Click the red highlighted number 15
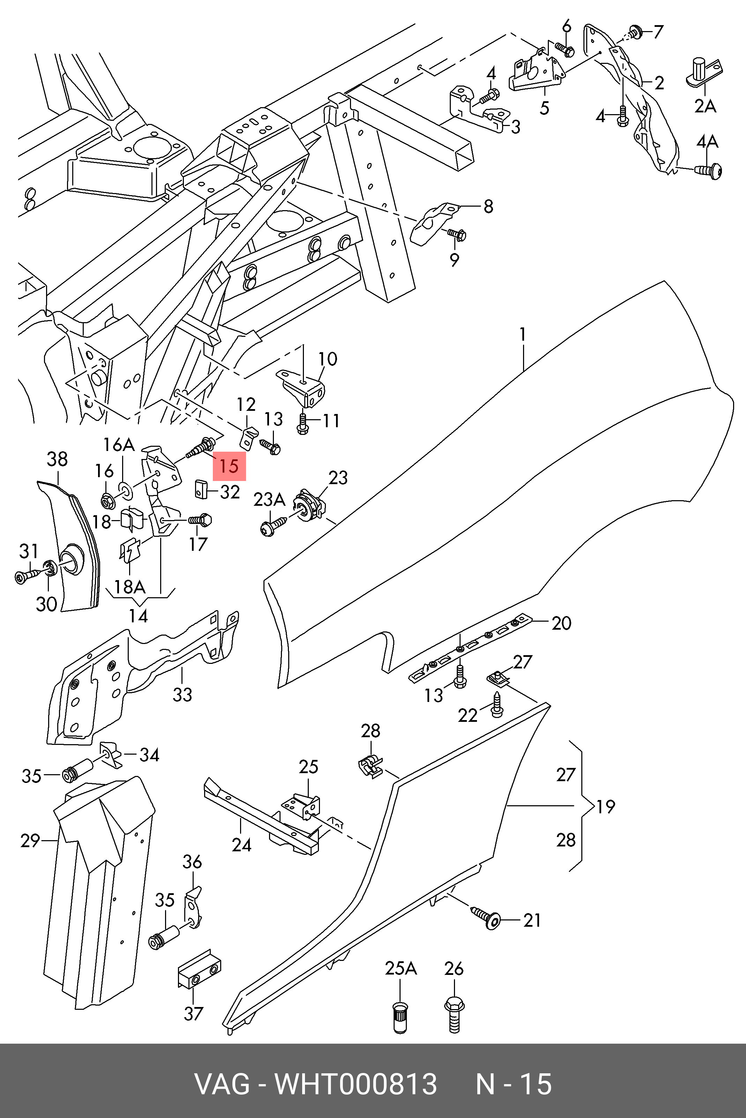(x=229, y=466)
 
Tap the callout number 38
(x=57, y=459)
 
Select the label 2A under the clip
(x=705, y=106)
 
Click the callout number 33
(x=182, y=694)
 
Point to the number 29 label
(x=30, y=841)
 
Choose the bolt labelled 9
(x=457, y=234)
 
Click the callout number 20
(x=561, y=623)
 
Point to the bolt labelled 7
(x=635, y=32)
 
